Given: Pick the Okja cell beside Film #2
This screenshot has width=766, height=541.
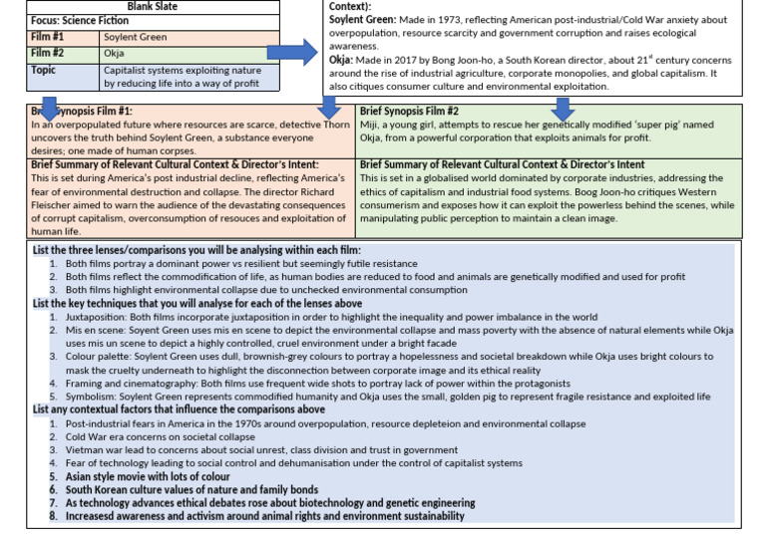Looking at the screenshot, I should point(115,53).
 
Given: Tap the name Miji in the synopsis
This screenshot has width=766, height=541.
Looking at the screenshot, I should point(371,126).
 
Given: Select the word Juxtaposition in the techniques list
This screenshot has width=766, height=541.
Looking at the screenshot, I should point(99,316).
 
